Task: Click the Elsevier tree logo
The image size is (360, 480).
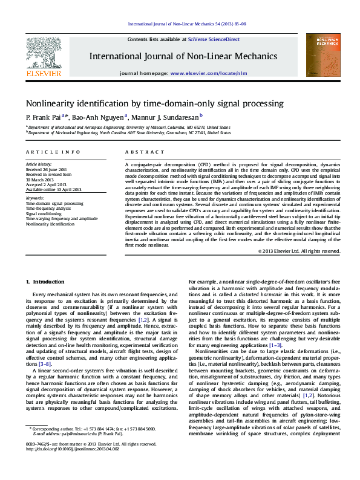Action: click(x=43, y=54)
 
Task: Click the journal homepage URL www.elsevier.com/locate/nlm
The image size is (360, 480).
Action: click(x=209, y=73)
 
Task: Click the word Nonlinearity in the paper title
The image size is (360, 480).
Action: click(x=53, y=104)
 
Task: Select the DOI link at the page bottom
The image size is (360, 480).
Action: click(x=68, y=465)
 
